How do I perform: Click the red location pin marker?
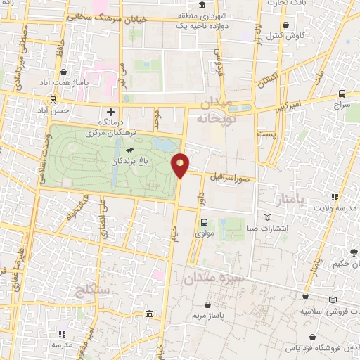coord(181,165)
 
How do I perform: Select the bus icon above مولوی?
coord(204,223)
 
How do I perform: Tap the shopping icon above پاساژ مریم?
coord(209,304)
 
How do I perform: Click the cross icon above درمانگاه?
coord(110,112)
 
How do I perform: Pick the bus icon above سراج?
coord(342,93)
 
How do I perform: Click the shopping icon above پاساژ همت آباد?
coord(64,72)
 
